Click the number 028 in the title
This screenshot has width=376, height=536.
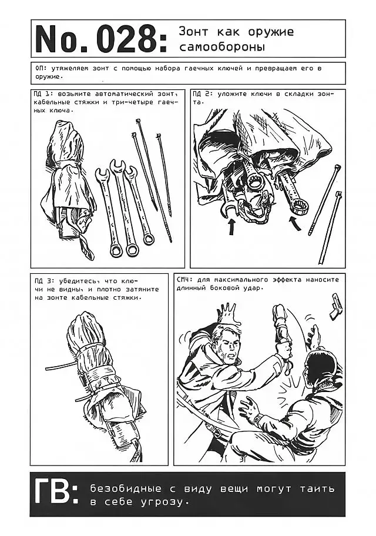click(129, 39)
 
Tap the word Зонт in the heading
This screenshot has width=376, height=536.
click(193, 32)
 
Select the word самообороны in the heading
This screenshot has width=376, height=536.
click(222, 47)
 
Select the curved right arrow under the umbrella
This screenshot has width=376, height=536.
click(296, 223)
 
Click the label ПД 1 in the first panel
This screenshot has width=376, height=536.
click(44, 93)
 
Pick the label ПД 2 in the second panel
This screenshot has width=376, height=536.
click(203, 93)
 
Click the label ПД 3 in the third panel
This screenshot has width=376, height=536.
click(44, 282)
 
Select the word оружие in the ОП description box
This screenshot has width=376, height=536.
click(49, 76)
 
